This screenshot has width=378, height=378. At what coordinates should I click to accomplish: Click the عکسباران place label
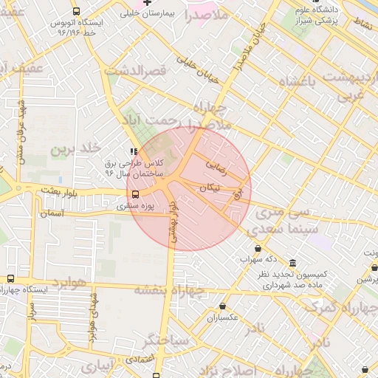222,317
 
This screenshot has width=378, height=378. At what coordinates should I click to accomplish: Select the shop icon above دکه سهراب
258,248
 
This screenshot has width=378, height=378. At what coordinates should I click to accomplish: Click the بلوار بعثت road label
60,190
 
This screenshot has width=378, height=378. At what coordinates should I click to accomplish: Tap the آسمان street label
52,213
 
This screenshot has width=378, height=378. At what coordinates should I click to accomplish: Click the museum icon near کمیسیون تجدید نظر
293,264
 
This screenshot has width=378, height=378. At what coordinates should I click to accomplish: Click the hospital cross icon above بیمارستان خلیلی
147,4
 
